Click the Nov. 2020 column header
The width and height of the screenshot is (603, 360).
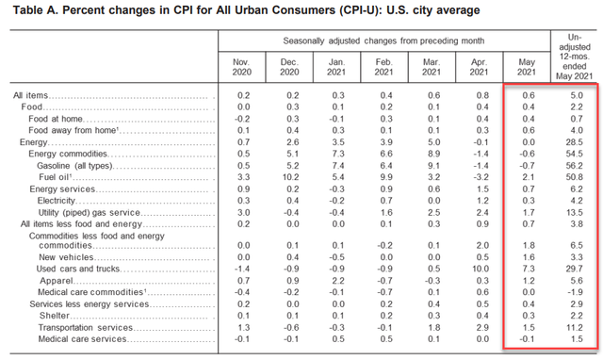pyautogui.click(x=241, y=67)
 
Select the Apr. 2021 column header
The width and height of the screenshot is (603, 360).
pyautogui.click(x=479, y=67)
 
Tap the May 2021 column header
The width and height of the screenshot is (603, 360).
pyautogui.click(x=527, y=67)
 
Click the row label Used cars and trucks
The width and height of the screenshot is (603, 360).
pyautogui.click(x=78, y=269)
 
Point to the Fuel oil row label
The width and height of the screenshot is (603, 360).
pyautogui.click(x=56, y=177)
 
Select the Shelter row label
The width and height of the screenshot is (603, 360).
pyautogui.click(x=55, y=316)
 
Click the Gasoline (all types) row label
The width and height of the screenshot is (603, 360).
pyautogui.click(x=75, y=166)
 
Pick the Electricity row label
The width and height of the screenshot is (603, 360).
pyautogui.click(x=57, y=201)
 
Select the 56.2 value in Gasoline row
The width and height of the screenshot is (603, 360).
pyautogui.click(x=574, y=166)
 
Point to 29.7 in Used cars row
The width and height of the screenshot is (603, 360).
pyautogui.click(x=574, y=269)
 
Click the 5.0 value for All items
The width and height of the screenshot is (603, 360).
pyautogui.click(x=577, y=95)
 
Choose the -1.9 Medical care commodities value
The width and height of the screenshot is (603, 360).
pyautogui.click(x=575, y=292)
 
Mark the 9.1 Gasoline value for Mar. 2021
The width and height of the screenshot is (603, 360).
pyautogui.click(x=433, y=166)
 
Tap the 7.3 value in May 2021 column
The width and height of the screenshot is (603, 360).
pyautogui.click(x=529, y=269)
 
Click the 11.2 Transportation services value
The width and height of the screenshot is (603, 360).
pyautogui.click(x=575, y=328)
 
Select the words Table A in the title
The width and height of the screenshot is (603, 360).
pyautogui.click(x=34, y=10)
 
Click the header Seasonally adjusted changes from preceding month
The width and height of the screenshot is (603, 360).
pyautogui.click(x=383, y=41)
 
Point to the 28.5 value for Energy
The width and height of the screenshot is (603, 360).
pyautogui.click(x=574, y=142)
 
